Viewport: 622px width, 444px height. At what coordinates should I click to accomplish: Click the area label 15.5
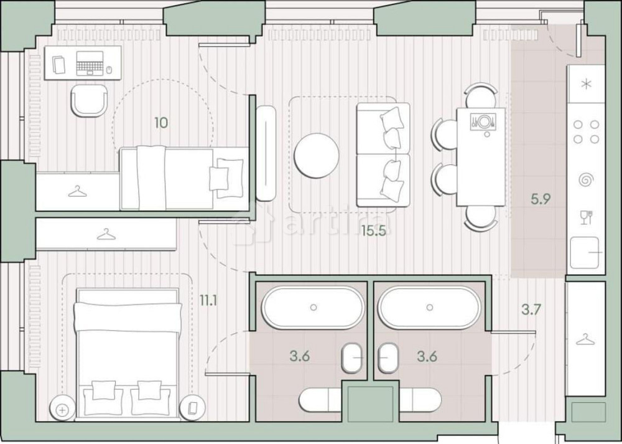pos(374,231)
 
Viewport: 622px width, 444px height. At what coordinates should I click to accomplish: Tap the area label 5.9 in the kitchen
pos(541,200)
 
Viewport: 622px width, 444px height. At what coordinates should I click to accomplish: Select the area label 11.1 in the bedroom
pos(208,300)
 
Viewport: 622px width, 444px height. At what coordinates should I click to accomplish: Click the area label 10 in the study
pos(161,123)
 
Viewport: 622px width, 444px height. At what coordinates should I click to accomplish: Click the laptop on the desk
pos(91,63)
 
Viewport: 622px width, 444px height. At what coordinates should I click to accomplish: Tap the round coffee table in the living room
pos(317,155)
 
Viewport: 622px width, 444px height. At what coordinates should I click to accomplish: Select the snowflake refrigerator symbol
pos(586,85)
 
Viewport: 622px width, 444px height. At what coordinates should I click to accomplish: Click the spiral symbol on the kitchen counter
pos(585,180)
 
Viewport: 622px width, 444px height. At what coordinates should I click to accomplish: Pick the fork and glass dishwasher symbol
pos(585,217)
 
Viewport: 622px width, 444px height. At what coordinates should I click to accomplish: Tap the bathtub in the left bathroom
pos(313,307)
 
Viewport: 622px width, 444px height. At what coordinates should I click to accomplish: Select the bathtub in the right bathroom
pos(429,307)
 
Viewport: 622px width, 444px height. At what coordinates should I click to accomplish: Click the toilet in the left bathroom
pos(353,359)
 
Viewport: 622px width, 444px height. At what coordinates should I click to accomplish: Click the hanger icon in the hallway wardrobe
pos(585,339)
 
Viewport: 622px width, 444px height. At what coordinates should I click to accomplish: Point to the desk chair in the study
pos(89,100)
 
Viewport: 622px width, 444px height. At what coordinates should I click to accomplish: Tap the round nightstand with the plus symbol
pos(62,409)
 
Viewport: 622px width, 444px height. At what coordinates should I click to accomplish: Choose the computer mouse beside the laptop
pos(109,70)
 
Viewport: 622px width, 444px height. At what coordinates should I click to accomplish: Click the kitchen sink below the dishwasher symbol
pos(585,253)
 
